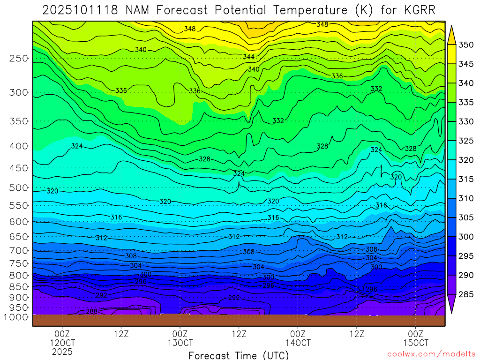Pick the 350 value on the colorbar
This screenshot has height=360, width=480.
(x=466, y=45)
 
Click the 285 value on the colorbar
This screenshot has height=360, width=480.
(x=466, y=294)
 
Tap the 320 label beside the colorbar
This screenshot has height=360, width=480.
(x=466, y=160)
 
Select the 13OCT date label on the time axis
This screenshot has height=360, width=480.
(x=180, y=343)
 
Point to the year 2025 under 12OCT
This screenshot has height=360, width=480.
(x=62, y=352)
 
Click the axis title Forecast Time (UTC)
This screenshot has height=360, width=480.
(x=239, y=355)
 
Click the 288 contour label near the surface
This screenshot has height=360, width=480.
(x=91, y=311)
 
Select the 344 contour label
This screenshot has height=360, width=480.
(x=249, y=57)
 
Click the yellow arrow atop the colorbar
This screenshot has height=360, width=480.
(x=452, y=34)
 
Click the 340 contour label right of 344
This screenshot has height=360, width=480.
(x=254, y=69)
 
